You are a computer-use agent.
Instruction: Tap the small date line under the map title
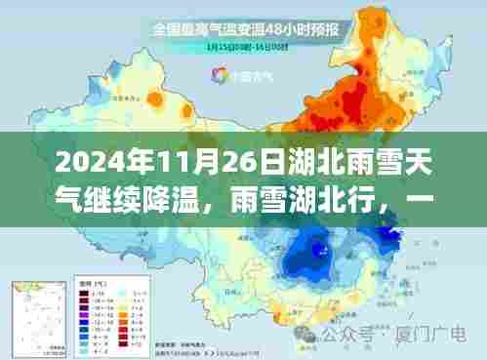tap(247, 48)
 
